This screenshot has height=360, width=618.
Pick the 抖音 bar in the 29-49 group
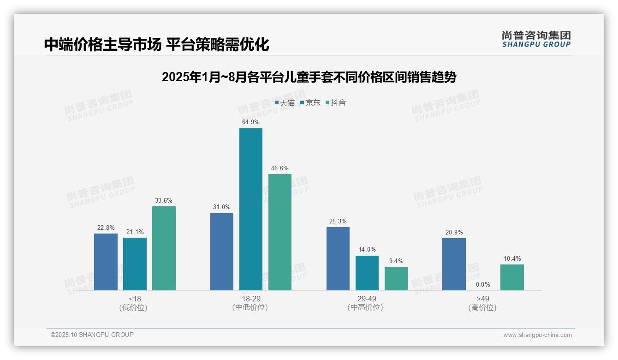pos(396,279)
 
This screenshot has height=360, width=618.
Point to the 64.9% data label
pos(250,122)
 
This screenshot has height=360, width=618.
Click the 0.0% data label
pos(483,285)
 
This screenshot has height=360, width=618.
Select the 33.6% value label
pos(164,200)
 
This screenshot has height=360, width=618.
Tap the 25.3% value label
pos(338,221)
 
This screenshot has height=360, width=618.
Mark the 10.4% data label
pos(512,258)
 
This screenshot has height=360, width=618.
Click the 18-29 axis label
pos(250,299)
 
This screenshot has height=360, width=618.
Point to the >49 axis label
pos(483,299)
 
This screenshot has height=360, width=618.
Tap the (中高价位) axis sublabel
pos(367,307)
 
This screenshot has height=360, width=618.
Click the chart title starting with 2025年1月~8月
pos(309,77)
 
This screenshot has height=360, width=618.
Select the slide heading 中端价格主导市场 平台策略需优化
pos(156,44)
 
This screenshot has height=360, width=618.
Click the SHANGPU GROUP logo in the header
pos(536,39)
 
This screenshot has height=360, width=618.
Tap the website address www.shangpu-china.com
pos(537,335)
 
